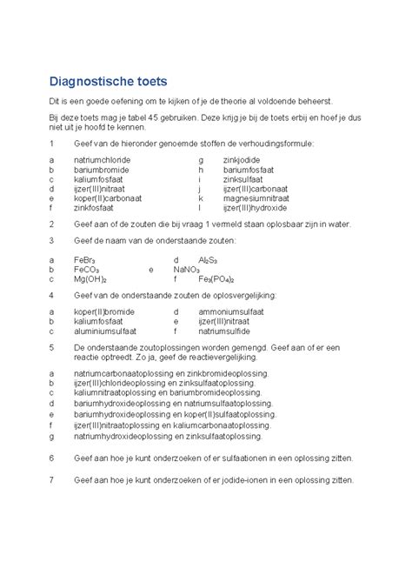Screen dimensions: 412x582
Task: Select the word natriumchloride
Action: click(x=103, y=161)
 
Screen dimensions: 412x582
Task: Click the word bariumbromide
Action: click(x=100, y=171)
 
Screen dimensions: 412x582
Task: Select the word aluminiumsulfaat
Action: click(x=105, y=331)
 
